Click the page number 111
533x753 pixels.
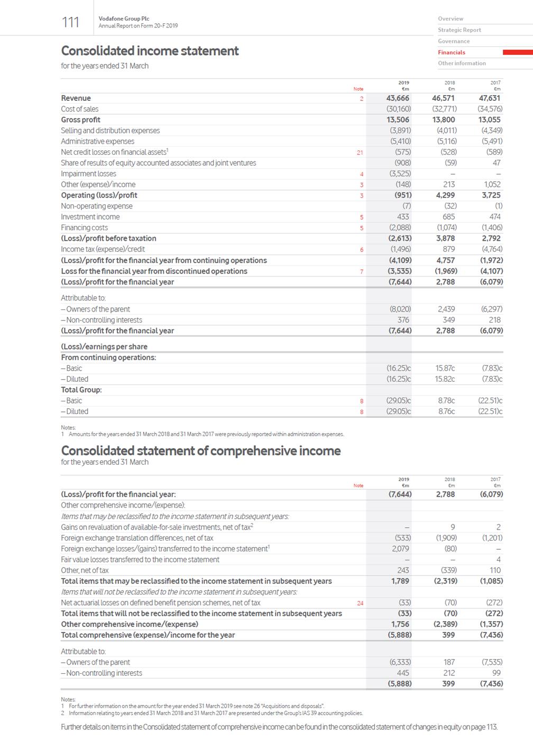coord(70,22)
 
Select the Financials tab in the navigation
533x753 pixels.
coord(452,52)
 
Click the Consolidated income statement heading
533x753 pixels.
coord(150,51)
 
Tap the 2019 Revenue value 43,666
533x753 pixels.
coord(399,98)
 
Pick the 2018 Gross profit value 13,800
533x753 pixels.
coord(444,120)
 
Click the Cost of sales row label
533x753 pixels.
coord(79,109)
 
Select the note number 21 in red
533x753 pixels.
coord(360,153)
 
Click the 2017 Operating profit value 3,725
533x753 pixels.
coord(491,195)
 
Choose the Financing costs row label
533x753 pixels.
coord(84,228)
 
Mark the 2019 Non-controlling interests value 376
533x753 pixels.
coord(403,320)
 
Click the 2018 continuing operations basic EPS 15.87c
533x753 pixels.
coord(445,368)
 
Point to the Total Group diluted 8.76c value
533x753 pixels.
coord(446,411)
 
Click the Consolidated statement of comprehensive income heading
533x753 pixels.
coord(200,451)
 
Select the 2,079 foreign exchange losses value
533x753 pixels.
coord(400,549)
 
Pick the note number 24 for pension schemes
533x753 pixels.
coord(360,603)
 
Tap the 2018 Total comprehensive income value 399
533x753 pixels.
coord(448,635)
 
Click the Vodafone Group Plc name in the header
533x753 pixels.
coord(124,18)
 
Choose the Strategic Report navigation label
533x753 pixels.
coord(459,30)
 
